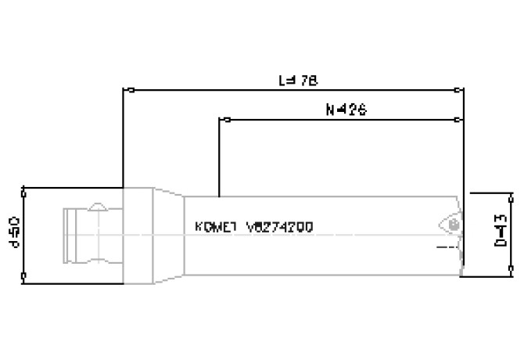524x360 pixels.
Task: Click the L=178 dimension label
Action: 299,80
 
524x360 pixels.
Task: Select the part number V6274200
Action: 279,227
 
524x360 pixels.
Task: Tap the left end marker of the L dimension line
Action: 131,90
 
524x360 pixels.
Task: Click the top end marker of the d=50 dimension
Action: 25,189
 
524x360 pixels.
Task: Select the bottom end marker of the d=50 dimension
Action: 25,275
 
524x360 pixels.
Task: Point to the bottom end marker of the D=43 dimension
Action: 511,272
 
